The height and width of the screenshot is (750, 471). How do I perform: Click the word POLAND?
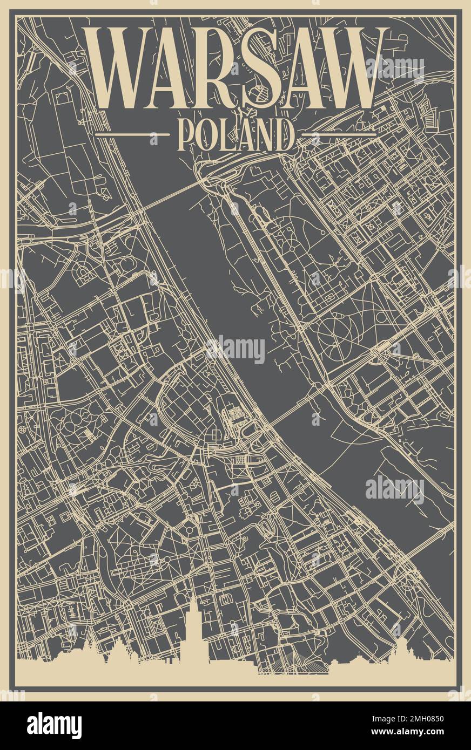[x=235, y=134]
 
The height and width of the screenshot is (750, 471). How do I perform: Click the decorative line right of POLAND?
[x=343, y=133]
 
